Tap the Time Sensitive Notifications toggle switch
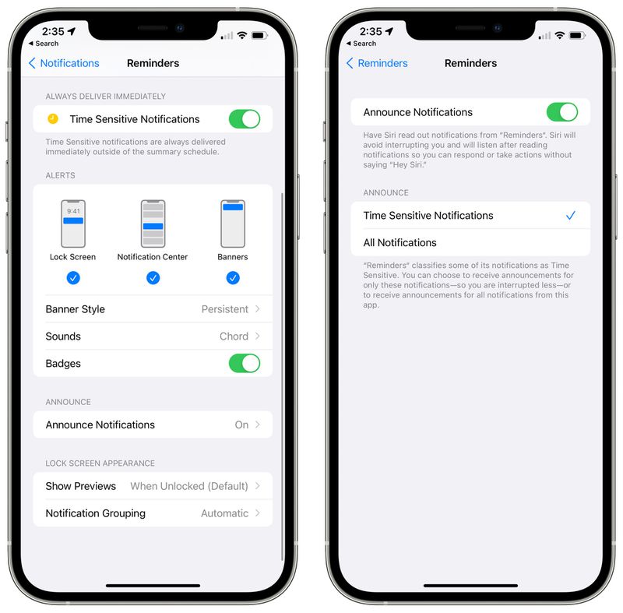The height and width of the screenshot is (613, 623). (x=244, y=119)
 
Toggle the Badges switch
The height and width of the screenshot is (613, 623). (x=244, y=364)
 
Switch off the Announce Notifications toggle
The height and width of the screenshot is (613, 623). (x=561, y=112)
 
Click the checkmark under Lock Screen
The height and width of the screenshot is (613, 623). (x=73, y=278)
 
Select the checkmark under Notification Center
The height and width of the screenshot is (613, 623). (x=153, y=278)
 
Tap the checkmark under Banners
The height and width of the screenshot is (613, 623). (x=233, y=278)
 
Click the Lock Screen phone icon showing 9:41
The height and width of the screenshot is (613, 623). (x=73, y=224)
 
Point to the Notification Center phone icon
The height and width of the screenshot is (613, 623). (x=153, y=224)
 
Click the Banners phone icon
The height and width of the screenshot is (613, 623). (x=233, y=224)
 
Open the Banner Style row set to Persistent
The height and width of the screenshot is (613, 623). (x=153, y=309)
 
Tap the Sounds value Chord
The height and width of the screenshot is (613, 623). (x=234, y=336)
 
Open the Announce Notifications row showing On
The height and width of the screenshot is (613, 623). (x=153, y=425)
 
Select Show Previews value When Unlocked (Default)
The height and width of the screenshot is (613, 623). (x=188, y=486)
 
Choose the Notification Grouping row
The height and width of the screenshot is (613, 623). (x=153, y=513)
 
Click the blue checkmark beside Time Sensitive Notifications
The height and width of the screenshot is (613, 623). (x=571, y=216)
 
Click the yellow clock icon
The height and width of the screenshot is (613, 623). (x=52, y=119)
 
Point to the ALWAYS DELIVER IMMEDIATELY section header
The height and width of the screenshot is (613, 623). (x=105, y=97)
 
